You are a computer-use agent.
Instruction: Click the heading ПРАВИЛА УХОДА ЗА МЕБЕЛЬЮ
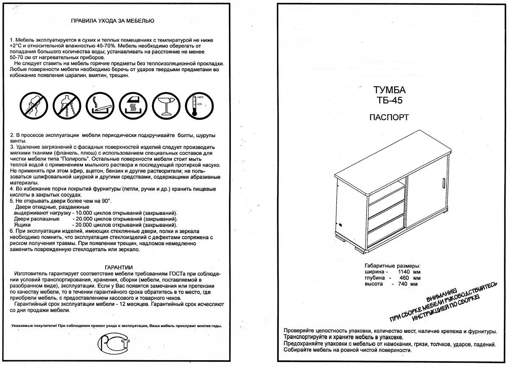pyautogui.click(x=112, y=20)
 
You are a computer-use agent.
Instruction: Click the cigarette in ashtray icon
pyautogui.click(x=99, y=105)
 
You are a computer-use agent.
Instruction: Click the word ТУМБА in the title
pyautogui.click(x=389, y=90)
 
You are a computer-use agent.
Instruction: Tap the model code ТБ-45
pyautogui.click(x=389, y=101)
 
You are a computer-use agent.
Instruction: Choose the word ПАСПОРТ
pyautogui.click(x=389, y=117)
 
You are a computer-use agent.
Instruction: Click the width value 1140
pyautogui.click(x=406, y=271)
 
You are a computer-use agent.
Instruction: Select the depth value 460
pyautogui.click(x=406, y=277)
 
